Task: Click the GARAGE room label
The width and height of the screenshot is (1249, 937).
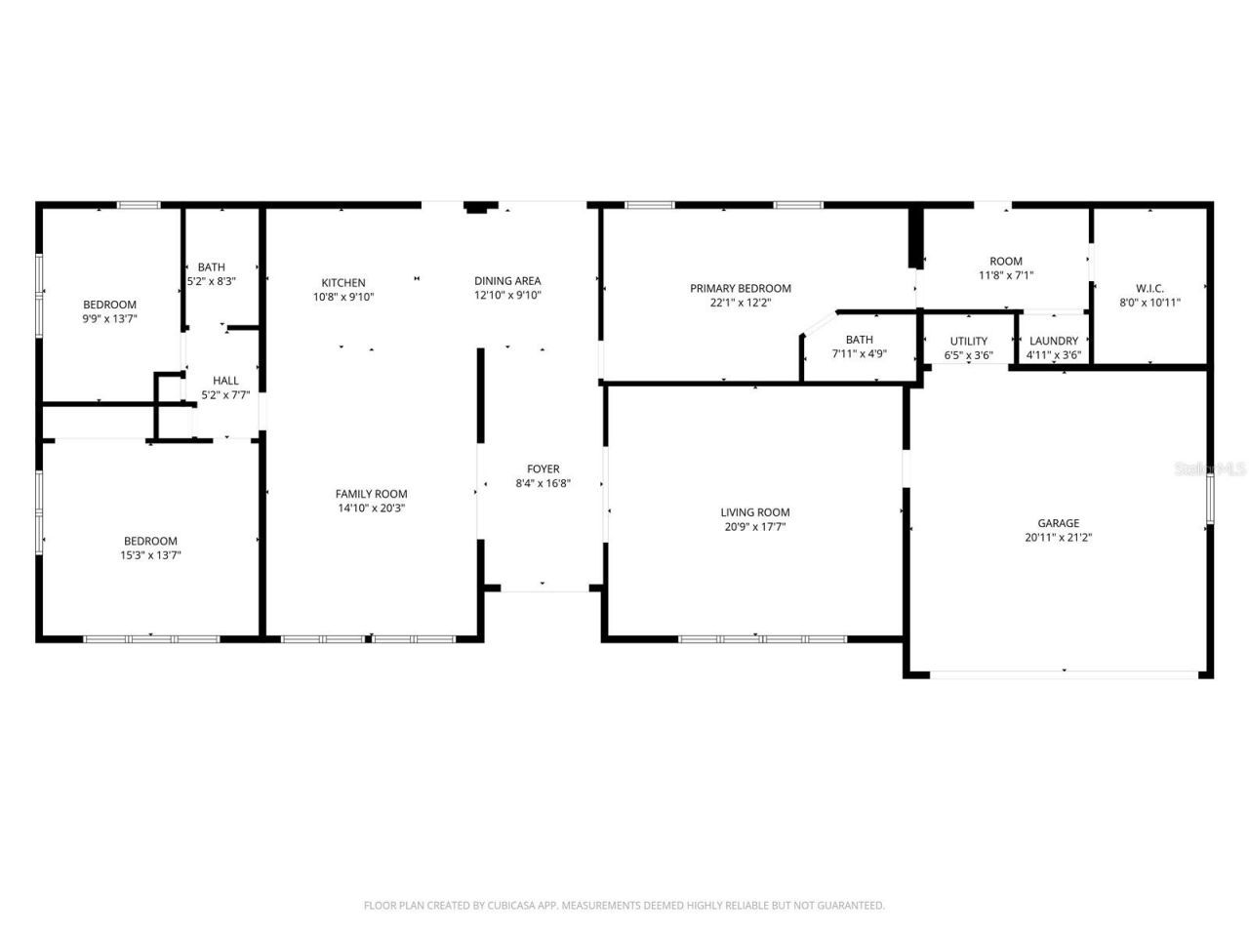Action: (x=1058, y=523)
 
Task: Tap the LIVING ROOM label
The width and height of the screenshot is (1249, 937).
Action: (x=754, y=512)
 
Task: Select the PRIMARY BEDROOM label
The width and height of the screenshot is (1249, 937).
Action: (x=740, y=288)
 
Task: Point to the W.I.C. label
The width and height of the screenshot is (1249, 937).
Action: (x=1149, y=289)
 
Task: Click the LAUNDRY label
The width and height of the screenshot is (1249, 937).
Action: (x=1054, y=341)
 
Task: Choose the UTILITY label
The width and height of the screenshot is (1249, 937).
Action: (x=968, y=341)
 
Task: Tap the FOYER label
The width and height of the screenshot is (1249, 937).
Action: (x=543, y=468)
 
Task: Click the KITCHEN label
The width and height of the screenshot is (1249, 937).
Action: (x=343, y=282)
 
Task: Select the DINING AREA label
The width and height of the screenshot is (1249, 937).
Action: (x=507, y=281)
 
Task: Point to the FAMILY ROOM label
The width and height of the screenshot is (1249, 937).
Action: (x=371, y=494)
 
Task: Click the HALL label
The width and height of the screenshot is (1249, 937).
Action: (x=225, y=381)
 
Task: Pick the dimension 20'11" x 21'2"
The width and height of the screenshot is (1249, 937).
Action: (x=1058, y=537)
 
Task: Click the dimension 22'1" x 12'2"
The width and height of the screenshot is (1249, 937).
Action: (x=740, y=303)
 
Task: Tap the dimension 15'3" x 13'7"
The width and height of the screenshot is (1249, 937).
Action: (x=150, y=555)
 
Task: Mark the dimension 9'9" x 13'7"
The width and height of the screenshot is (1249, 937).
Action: (x=109, y=318)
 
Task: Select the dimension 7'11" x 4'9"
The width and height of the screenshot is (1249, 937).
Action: (x=859, y=354)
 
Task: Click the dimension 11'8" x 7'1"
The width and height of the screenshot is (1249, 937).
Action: (x=1005, y=275)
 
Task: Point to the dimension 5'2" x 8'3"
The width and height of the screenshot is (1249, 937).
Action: (x=212, y=281)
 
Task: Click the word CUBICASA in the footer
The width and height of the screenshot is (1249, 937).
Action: (x=512, y=906)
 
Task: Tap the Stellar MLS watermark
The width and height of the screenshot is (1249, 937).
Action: (x=1210, y=468)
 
